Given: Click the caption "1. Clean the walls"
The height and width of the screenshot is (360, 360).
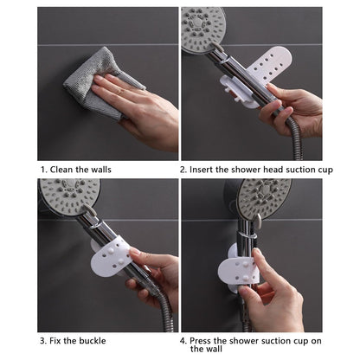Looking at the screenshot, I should pos(76,170).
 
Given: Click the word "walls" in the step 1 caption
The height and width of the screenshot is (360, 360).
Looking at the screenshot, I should pos(100,170).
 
